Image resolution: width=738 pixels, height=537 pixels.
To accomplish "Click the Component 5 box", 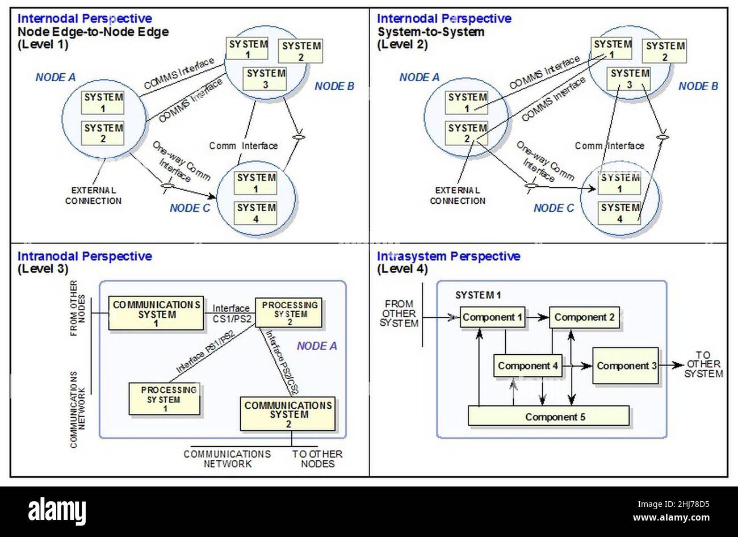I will [548, 416].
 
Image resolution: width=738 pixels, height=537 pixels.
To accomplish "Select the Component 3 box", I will [626, 366].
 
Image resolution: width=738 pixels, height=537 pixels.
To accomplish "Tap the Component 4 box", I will [527, 366].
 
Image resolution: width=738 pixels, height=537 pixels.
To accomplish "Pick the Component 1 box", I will [492, 317].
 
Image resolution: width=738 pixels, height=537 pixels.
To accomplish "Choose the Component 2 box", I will [584, 317].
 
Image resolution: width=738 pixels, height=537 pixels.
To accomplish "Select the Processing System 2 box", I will [290, 313].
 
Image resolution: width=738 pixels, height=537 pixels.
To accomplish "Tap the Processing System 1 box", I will [165, 399].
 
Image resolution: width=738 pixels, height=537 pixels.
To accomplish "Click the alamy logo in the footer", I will [57, 510].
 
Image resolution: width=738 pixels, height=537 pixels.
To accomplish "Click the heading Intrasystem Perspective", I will [448, 256].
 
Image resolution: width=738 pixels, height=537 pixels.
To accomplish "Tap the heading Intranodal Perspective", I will [85, 256].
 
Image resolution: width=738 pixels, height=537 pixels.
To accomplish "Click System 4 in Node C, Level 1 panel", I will [255, 213].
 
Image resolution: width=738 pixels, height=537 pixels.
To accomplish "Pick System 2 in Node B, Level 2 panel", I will [665, 51].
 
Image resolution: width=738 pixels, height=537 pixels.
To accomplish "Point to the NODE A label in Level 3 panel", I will [317, 346].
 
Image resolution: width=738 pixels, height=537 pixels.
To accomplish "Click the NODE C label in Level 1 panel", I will [190, 208].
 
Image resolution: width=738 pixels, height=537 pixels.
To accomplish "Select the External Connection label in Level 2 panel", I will [458, 195].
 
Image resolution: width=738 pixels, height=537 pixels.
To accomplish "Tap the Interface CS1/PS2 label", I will [230, 313].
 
